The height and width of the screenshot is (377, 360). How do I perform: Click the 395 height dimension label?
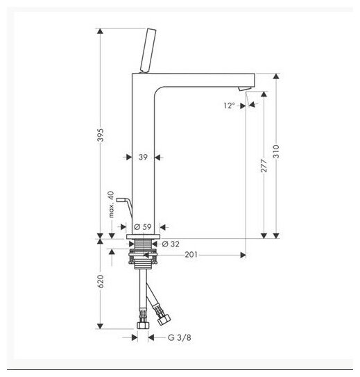pos(101,135)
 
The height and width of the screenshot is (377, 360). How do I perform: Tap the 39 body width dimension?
pos(143,157)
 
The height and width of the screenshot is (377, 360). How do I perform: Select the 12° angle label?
pos(229,106)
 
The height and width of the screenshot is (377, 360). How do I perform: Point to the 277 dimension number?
pos(264,165)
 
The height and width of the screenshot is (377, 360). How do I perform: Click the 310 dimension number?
pos(276,151)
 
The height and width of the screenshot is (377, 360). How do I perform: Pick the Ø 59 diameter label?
pos(143,227)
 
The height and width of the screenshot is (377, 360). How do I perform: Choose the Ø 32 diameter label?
pos(171,244)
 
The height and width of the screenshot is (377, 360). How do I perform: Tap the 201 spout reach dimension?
pos(191,254)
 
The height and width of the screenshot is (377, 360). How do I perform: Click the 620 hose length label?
pos(101,281)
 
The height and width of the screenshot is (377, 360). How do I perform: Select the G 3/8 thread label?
pos(180,337)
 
